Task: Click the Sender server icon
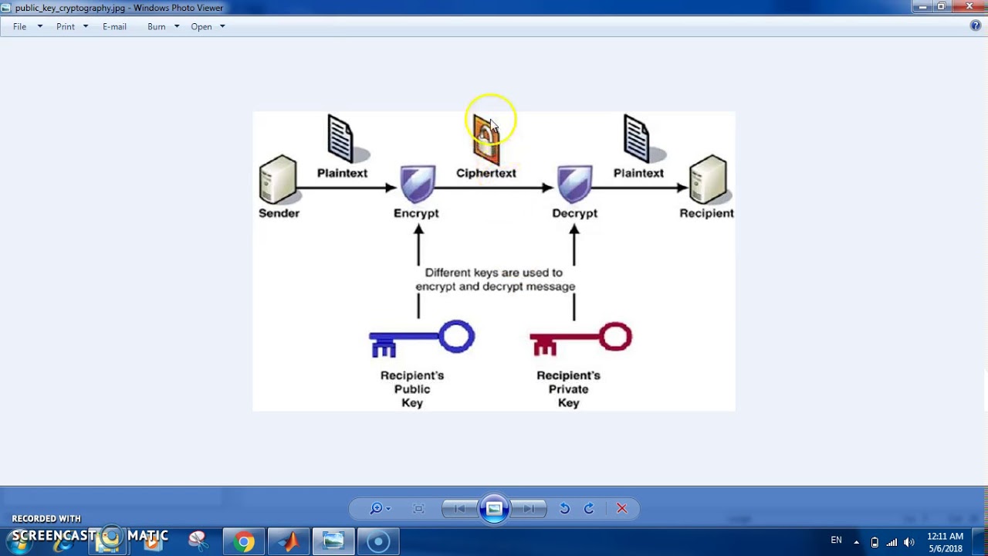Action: (x=278, y=179)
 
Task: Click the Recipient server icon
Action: (x=708, y=179)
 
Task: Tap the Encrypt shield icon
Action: (x=418, y=185)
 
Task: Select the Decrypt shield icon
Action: (x=575, y=185)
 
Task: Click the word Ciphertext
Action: (x=486, y=173)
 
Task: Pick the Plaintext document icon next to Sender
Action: (x=340, y=138)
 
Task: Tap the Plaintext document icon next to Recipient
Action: (x=637, y=138)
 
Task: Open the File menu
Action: (x=20, y=26)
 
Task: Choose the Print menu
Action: (x=66, y=26)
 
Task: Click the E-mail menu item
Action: (x=114, y=26)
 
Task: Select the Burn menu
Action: (x=157, y=26)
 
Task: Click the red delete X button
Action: (x=621, y=508)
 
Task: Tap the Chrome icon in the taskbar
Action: (x=244, y=541)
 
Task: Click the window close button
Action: (x=969, y=7)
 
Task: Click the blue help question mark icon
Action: (x=976, y=25)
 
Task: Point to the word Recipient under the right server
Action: (x=706, y=213)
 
